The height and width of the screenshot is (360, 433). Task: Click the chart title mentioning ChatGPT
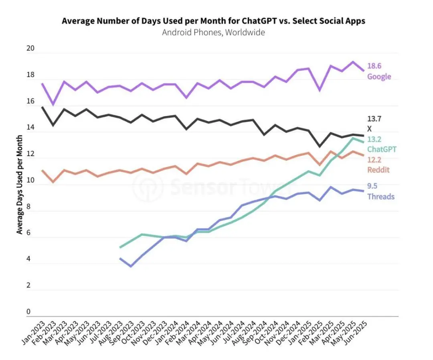[213, 21]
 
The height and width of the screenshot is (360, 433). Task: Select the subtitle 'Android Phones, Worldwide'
[213, 33]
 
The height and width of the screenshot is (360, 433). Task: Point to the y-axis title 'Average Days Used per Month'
[19, 185]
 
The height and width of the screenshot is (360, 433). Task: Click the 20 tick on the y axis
[30, 49]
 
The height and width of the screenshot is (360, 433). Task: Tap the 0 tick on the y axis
[28, 312]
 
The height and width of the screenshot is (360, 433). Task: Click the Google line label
[379, 76]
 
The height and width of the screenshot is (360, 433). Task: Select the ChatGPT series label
[382, 149]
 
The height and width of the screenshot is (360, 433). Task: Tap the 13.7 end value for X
[374, 119]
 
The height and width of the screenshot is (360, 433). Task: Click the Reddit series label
[378, 170]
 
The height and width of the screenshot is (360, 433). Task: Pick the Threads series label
[380, 197]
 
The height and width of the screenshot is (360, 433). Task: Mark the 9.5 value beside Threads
[372, 186]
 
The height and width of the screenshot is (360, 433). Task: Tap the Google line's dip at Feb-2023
[53, 104]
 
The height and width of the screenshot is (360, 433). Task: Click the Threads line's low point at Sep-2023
[131, 266]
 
